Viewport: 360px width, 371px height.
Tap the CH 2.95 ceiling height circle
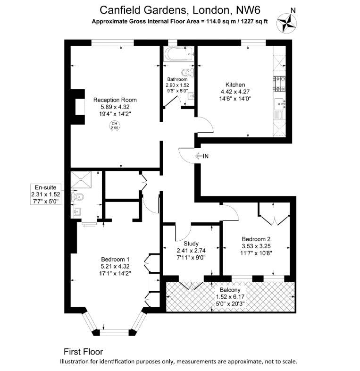tap(115, 126)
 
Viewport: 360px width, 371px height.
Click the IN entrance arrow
tap(198, 156)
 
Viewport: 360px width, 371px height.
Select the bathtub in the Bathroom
tap(178, 54)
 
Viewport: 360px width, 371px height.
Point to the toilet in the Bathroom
tap(188, 71)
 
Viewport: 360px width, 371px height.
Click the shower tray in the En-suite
tap(81, 179)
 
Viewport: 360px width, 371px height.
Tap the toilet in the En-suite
tap(77, 196)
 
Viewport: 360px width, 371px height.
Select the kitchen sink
tap(280, 104)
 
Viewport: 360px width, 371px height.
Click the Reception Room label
tap(115, 100)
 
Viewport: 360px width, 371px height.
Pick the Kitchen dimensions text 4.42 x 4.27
tap(235, 92)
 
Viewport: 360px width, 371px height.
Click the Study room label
tap(191, 244)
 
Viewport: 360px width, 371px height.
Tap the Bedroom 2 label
tap(256, 239)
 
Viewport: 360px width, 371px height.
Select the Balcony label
tap(230, 290)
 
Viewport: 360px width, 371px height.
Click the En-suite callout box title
tap(46, 187)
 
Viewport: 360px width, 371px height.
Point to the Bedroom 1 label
tap(115, 259)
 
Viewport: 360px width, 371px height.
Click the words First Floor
tap(83, 352)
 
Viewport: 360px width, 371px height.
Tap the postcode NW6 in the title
tap(248, 10)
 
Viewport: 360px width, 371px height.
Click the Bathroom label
tap(177, 79)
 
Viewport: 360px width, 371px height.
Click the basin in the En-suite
tap(77, 211)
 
